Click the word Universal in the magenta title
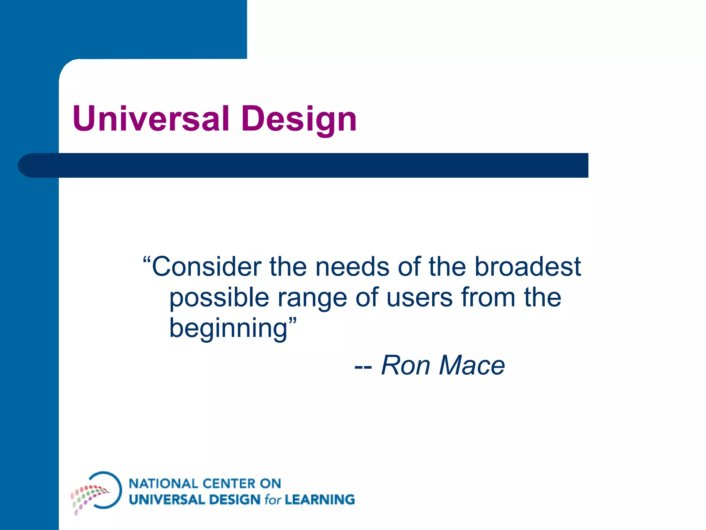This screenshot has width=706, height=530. (x=151, y=119)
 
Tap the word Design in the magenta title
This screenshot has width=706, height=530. (x=299, y=119)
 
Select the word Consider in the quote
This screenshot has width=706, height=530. (x=206, y=267)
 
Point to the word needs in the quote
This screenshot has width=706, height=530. (x=352, y=267)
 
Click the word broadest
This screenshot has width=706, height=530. (x=527, y=267)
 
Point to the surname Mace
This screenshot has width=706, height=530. (x=472, y=365)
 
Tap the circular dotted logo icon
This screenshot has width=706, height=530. (x=97, y=491)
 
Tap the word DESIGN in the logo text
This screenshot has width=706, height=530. (x=234, y=500)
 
